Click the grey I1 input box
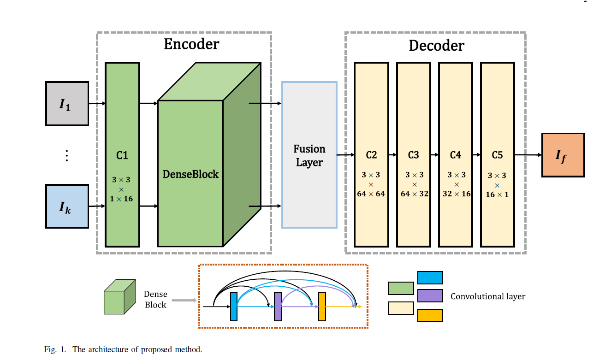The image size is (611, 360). click(x=67, y=104)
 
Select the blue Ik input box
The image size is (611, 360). click(x=67, y=207)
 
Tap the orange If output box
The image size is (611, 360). click(x=563, y=155)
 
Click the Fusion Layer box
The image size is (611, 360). click(x=309, y=155)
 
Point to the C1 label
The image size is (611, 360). click(x=122, y=156)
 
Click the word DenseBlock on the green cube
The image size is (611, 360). click(x=190, y=174)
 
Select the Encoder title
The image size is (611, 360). click(x=191, y=44)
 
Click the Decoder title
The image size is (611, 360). click(x=436, y=46)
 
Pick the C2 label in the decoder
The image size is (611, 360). click(x=371, y=155)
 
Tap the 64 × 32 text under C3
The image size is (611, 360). click(x=414, y=194)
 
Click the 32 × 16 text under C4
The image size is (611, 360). click(x=456, y=194)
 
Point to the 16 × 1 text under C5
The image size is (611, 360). click(x=497, y=195)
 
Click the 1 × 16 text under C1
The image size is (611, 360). click(x=122, y=199)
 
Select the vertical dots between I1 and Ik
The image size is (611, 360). click(x=67, y=156)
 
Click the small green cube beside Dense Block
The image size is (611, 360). click(x=119, y=297)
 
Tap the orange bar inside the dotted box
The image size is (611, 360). click(x=322, y=307)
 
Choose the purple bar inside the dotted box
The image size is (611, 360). click(x=278, y=307)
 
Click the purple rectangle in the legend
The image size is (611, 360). click(x=430, y=296)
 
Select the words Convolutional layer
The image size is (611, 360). click(x=487, y=296)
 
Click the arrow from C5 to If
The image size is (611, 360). click(x=528, y=155)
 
